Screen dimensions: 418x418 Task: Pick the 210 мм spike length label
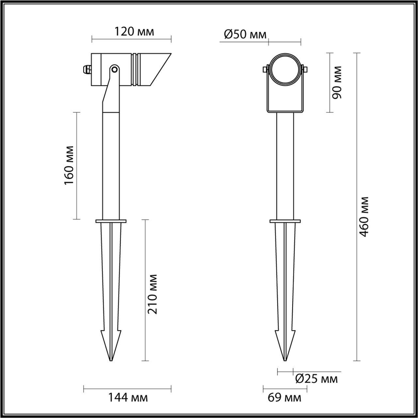[x=153, y=294]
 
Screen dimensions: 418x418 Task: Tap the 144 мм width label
[x=127, y=397]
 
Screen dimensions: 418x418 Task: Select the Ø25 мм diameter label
[x=316, y=379]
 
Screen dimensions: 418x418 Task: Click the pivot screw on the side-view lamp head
[x=114, y=68]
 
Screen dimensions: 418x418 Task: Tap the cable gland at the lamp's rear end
[x=87, y=69]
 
